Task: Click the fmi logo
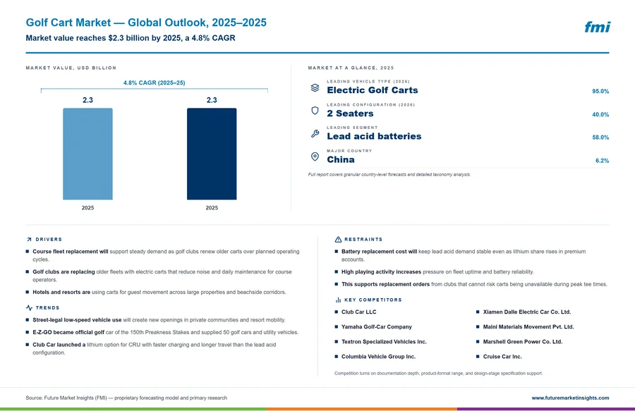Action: click(597, 27)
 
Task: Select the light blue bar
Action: click(87, 154)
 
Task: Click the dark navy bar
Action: click(212, 154)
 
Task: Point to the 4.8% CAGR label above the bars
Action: click(155, 82)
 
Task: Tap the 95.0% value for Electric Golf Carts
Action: click(600, 92)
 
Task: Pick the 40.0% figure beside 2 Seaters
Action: click(600, 114)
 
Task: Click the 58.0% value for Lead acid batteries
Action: click(600, 137)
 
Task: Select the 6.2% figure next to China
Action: click(602, 161)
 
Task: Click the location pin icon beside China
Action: click(315, 157)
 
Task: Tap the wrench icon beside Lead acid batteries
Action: click(315, 133)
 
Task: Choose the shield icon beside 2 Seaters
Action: click(315, 111)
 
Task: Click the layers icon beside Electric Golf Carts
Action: click(315, 87)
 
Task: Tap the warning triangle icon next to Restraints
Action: click(338, 240)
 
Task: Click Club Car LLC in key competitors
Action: click(359, 312)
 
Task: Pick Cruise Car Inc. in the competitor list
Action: click(502, 357)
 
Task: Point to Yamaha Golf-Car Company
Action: click(377, 327)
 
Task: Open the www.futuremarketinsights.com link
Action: click(570, 398)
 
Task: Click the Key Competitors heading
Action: click(373, 300)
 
